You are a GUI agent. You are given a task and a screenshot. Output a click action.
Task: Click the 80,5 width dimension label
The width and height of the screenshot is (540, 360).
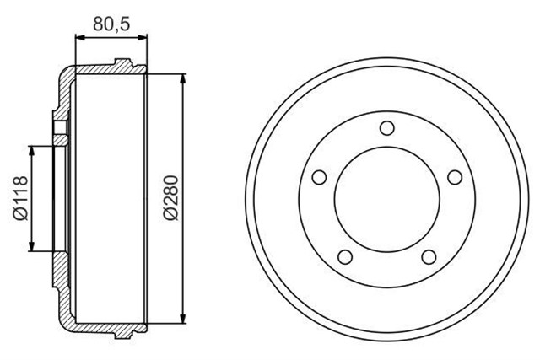click(111, 24)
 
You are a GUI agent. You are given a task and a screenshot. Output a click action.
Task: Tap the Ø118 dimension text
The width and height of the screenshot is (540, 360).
click(21, 198)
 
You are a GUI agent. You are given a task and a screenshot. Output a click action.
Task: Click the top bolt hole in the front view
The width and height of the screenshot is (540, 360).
click(387, 128)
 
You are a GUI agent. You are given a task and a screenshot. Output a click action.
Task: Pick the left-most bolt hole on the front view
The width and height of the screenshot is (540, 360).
click(320, 178)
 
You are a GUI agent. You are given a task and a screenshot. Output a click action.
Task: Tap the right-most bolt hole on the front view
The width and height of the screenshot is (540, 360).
click(455, 177)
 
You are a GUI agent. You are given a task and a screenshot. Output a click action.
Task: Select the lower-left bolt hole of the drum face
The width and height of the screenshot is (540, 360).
click(345, 256)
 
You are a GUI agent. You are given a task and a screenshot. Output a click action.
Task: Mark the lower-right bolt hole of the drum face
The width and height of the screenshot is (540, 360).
click(429, 256)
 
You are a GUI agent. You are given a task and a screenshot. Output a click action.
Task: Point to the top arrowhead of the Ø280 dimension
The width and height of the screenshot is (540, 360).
click(183, 78)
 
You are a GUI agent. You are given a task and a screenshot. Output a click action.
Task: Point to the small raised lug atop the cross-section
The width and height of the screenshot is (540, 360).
click(123, 62)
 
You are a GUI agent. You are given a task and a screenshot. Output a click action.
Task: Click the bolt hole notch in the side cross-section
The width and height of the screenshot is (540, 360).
click(60, 128)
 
